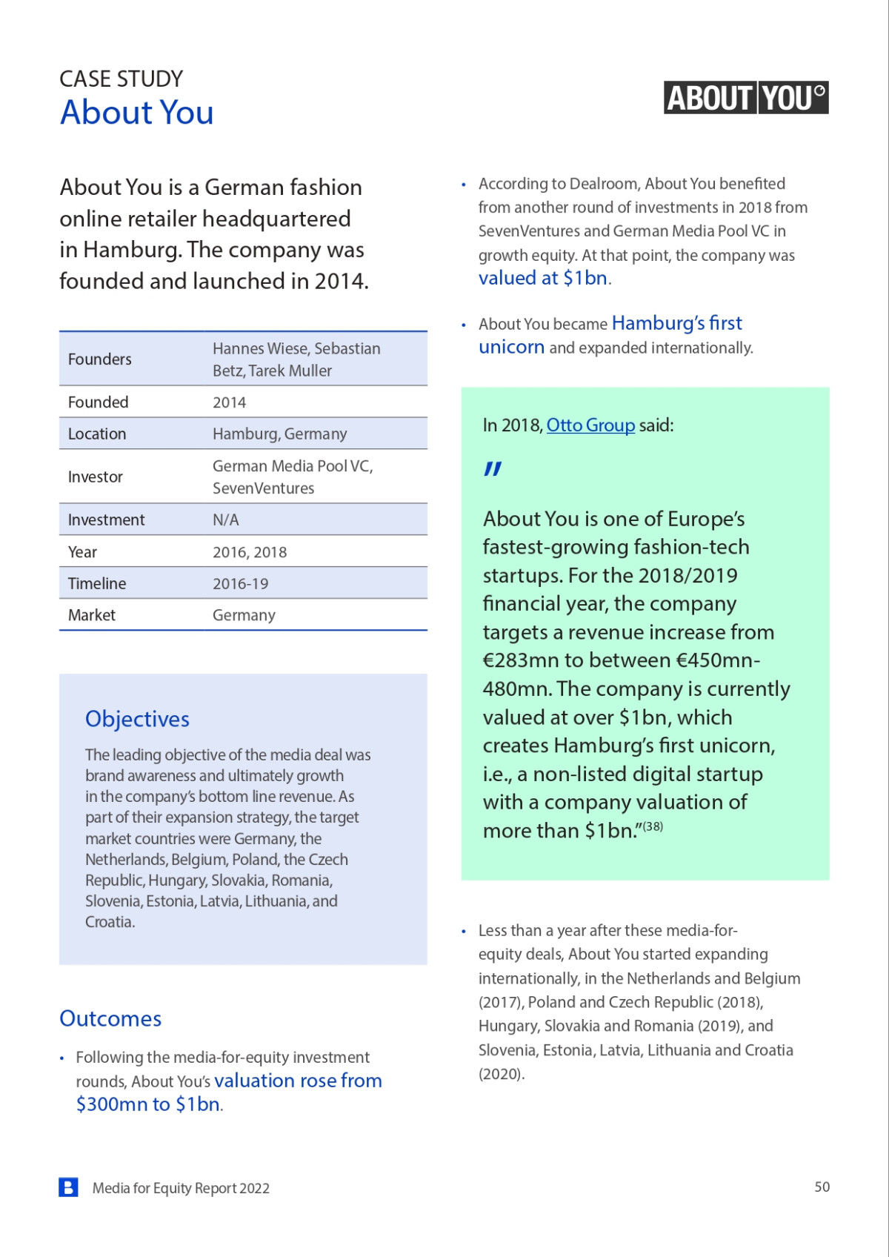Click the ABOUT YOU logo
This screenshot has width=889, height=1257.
745,98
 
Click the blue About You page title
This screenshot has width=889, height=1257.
137,113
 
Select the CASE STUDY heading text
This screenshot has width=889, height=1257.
121,79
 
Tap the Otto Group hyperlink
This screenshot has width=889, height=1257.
590,425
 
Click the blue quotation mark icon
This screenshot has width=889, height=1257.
493,468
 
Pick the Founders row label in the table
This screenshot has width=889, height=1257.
100,359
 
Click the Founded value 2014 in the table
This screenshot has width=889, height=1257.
229,402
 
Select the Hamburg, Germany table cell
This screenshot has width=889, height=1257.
279,434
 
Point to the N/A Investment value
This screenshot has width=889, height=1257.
225,520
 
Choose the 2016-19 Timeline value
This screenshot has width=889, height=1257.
240,584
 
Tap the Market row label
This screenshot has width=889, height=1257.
92,615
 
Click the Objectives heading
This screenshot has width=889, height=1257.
137,719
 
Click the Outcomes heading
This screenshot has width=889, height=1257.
110,1018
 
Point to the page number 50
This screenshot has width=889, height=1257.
822,1187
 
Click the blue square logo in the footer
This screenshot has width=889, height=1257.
68,1187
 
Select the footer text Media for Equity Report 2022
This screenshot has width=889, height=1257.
181,1188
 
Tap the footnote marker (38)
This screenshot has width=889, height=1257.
653,826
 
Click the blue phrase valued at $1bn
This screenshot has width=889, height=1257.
543,279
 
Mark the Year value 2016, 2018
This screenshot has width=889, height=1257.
249,552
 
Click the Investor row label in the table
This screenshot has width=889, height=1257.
96,477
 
